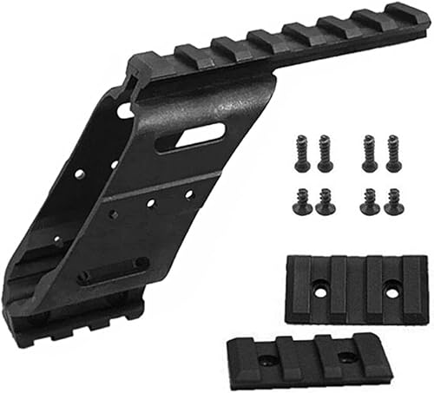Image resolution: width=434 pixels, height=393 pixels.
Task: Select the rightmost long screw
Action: point(393,154)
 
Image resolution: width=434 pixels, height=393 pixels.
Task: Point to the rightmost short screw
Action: point(393,201)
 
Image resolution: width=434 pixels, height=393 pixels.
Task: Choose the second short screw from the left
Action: point(325,202)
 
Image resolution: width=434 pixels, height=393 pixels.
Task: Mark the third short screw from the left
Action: point(369,202)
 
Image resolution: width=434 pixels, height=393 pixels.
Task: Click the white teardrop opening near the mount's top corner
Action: point(125,110)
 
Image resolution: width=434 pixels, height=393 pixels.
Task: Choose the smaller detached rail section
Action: point(307,357)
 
